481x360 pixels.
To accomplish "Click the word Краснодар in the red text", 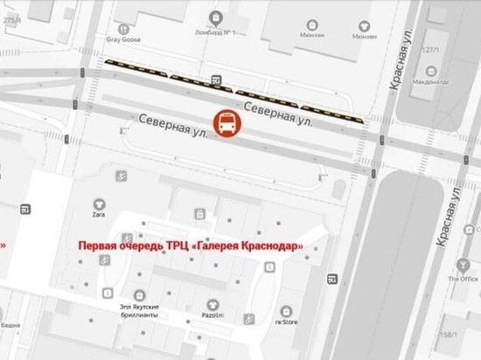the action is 275,246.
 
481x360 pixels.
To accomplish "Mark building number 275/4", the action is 12,12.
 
